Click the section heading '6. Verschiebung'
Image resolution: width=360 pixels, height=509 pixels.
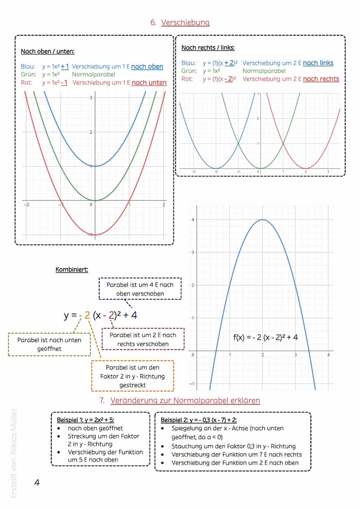pos(180,23)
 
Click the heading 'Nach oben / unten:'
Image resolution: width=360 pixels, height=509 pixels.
pos(48,51)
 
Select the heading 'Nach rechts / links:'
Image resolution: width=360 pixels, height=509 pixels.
pos(208,47)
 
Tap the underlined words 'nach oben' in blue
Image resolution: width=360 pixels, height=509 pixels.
pos(147,67)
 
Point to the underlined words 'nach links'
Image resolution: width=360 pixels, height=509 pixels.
pos(318,63)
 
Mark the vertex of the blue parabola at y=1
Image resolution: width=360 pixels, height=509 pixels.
pos(95,166)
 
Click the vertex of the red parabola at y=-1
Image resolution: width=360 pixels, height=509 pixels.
pos(95,235)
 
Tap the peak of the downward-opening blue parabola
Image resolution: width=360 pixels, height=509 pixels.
pos(263,220)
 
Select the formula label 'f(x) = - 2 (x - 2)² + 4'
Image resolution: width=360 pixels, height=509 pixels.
pos(266,337)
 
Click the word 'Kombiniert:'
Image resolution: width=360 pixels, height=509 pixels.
pos(72,269)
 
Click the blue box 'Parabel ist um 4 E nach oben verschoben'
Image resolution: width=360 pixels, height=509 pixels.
pos(140,289)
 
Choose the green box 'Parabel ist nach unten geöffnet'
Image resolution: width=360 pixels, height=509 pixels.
pos(49,344)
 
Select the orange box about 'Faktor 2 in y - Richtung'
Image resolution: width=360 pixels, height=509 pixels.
pos(133,376)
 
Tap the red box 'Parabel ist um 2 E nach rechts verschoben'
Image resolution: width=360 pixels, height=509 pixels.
pos(143,339)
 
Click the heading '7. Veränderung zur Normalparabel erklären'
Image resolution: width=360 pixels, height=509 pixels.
pos(180,400)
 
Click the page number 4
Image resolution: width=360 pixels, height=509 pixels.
pos(37,482)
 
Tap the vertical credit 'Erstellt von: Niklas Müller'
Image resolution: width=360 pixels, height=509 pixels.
pos(13,452)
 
